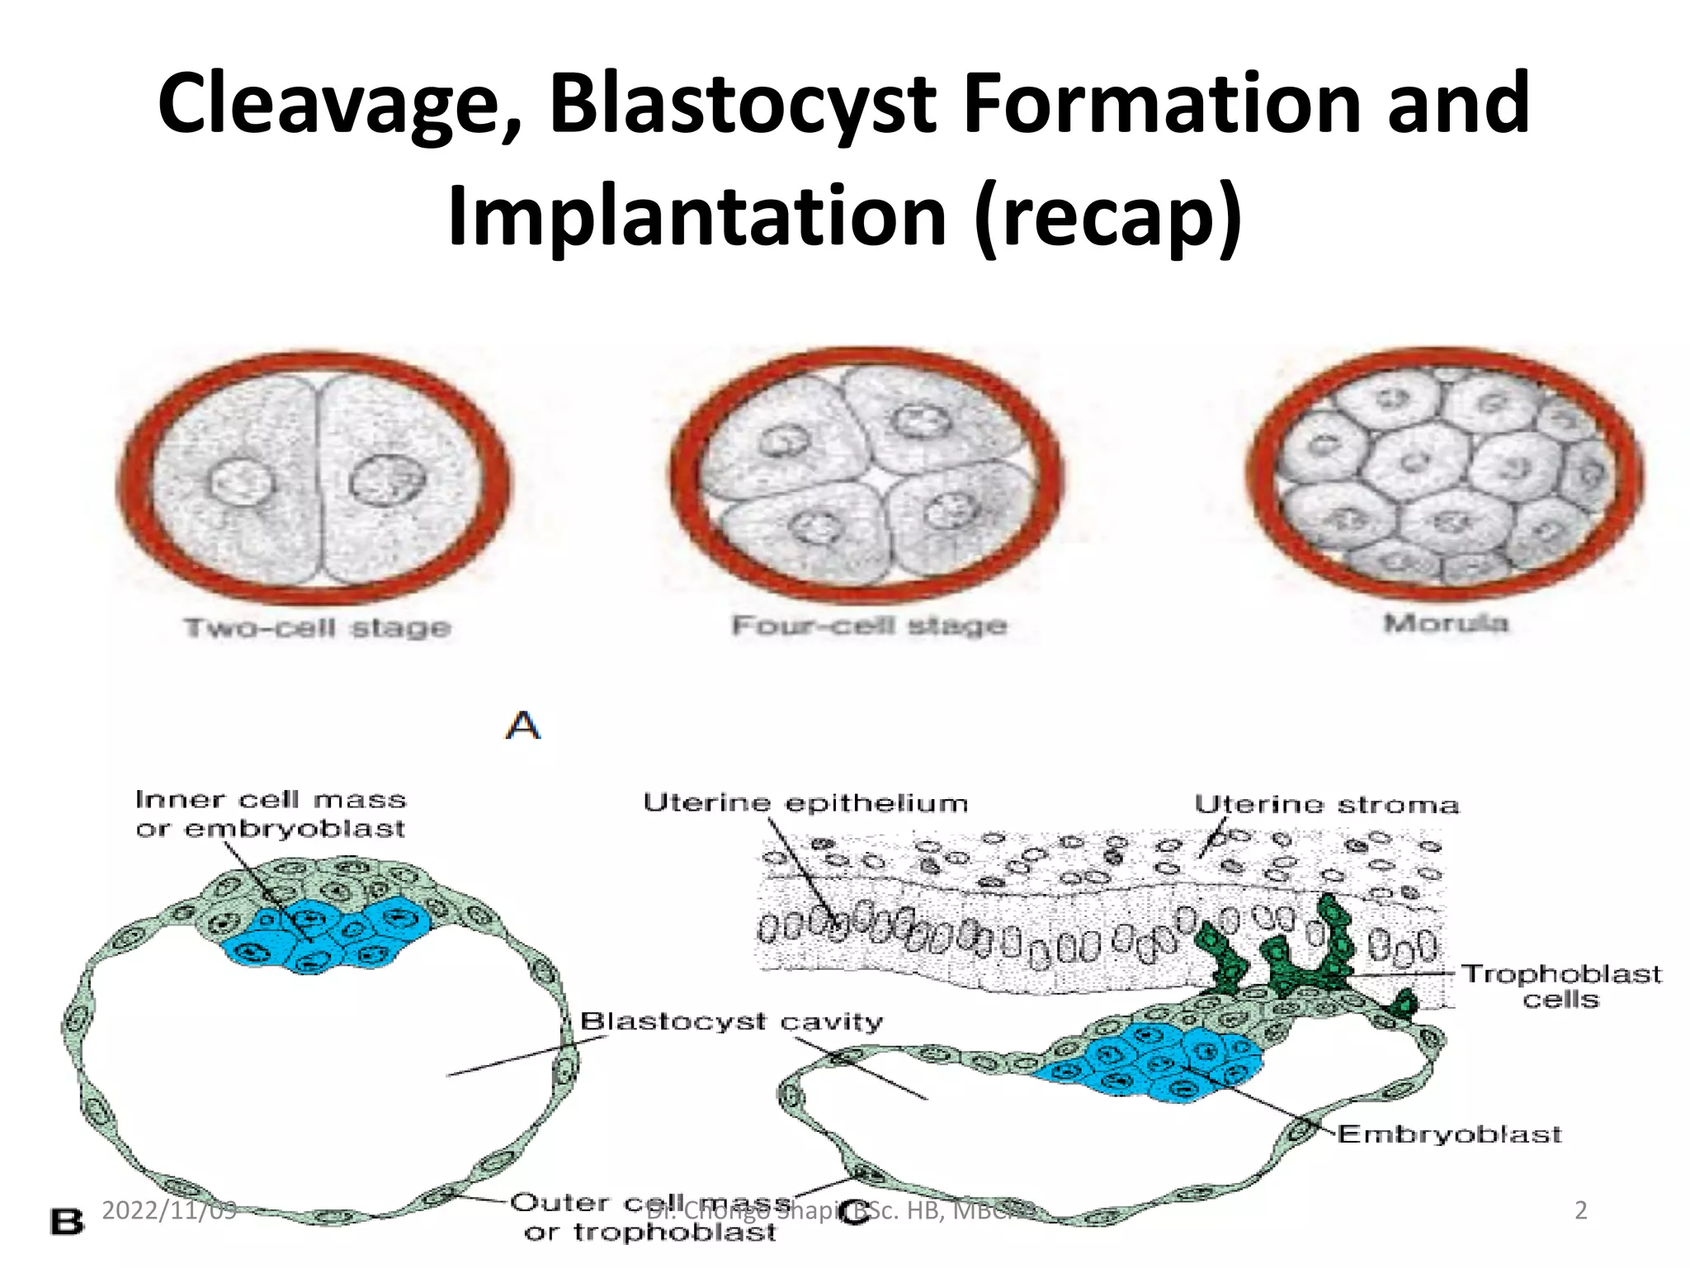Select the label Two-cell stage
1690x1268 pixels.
318,627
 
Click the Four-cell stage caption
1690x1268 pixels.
870,626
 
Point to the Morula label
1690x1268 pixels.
1446,622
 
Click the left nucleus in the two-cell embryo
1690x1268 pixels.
240,482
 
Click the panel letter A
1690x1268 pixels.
523,726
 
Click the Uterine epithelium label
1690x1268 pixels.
805,803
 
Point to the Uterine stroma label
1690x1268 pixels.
1326,805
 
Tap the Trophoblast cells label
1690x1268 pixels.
1561,986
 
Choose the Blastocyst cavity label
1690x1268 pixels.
731,1022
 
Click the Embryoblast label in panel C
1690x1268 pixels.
1449,1134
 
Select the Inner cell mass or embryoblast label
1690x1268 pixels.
271,814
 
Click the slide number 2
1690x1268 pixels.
1581,1210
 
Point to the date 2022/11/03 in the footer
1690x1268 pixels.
169,1210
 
